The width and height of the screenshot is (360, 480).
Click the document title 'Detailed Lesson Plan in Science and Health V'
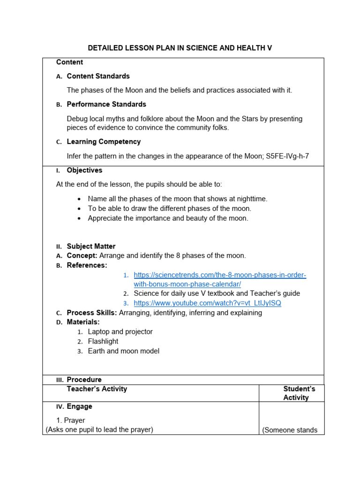pyautogui.click(x=180, y=48)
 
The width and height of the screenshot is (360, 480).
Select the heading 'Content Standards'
pyautogui.click(x=98, y=76)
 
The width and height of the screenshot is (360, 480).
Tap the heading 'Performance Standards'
pyautogui.click(x=106, y=104)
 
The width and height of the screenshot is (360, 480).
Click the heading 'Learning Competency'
pyautogui.click(x=104, y=142)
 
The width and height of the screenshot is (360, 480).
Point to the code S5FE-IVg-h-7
pyautogui.click(x=287, y=156)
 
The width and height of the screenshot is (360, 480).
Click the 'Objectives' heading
pyautogui.click(x=84, y=170)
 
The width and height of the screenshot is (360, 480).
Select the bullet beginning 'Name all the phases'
pyautogui.click(x=177, y=199)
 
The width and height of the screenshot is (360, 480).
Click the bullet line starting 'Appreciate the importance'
pyautogui.click(x=168, y=218)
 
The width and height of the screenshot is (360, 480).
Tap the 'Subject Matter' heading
pyautogui.click(x=91, y=246)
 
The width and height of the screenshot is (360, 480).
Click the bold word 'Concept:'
pyautogui.click(x=82, y=255)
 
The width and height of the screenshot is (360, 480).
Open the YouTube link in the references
pyautogui.click(x=207, y=303)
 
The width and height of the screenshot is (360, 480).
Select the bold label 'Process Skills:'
pyautogui.click(x=92, y=313)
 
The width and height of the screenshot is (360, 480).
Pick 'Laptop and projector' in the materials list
pyautogui.click(x=120, y=331)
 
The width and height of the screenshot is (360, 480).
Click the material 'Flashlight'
pyautogui.click(x=103, y=341)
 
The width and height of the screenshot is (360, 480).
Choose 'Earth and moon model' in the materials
pyautogui.click(x=123, y=351)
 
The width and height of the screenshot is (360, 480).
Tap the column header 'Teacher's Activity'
pyautogui.click(x=97, y=389)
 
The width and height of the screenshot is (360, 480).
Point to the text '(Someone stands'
pyautogui.click(x=290, y=430)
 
